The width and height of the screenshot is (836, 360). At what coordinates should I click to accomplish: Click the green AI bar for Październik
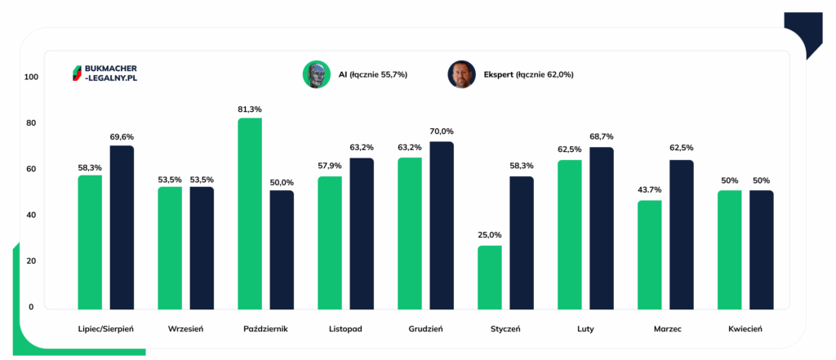[x=250, y=213]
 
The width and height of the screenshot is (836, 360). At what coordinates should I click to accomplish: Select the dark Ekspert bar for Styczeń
[x=522, y=242]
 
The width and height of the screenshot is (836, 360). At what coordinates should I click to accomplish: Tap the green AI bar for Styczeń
[x=490, y=277]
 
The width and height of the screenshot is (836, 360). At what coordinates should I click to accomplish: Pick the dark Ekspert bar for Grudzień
[x=442, y=225]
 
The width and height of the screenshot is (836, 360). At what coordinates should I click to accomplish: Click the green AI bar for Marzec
[x=650, y=255]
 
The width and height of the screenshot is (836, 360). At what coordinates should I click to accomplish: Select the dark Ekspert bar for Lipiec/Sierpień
[x=122, y=227]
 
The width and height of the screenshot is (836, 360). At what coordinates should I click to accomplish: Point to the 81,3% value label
[x=250, y=109]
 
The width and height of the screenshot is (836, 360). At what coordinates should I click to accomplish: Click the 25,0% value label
[x=490, y=235]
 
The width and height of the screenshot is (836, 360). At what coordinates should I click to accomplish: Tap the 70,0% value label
[x=442, y=131]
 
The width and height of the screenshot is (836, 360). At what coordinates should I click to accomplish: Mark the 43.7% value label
[x=650, y=190]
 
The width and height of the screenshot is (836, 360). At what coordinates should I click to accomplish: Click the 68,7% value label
[x=602, y=136]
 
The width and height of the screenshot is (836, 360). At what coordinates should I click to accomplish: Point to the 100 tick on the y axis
[x=32, y=78]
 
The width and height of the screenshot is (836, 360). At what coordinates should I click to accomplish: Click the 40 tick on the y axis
[x=32, y=216]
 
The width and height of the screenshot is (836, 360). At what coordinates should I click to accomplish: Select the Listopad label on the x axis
[x=346, y=329]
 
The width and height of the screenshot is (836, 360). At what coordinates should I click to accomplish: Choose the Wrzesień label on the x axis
[x=185, y=329]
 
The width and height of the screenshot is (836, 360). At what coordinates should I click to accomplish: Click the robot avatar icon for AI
[x=316, y=74]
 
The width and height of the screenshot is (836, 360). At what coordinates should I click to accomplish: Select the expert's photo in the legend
[x=461, y=74]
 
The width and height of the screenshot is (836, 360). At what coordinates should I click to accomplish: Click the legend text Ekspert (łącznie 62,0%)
[x=528, y=74]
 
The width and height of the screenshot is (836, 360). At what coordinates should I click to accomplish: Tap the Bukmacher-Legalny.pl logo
[x=104, y=73]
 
